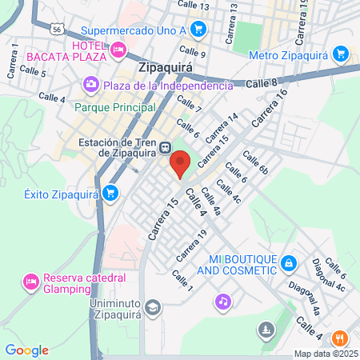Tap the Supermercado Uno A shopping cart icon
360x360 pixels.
tap(199, 31)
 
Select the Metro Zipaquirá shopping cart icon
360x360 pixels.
tap(342, 54)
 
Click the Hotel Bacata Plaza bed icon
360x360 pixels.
tap(118, 50)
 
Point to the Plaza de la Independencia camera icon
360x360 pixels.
tap(90, 84)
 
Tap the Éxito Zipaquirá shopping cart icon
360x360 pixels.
tap(111, 193)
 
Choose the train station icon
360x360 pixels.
tap(164, 147)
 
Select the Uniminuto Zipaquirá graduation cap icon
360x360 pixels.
tap(153, 307)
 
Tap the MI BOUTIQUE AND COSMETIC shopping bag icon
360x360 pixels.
tap(290, 263)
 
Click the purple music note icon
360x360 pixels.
tap(222, 302)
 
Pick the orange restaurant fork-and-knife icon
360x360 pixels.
tap(339, 338)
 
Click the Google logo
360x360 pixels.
tap(26, 350)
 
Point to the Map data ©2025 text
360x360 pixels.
tap(326, 354)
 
